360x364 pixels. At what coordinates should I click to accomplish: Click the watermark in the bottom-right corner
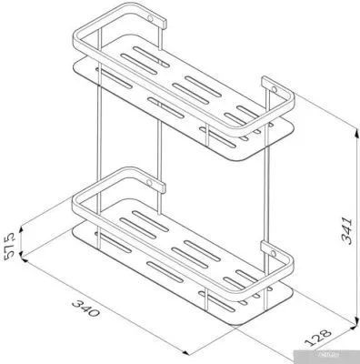point(338,356)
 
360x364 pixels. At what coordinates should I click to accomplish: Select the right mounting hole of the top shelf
point(269,88)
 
